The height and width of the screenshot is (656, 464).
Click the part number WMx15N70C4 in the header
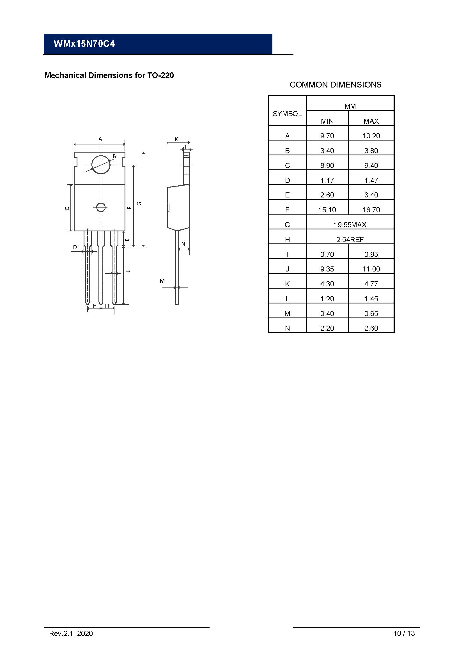(84, 44)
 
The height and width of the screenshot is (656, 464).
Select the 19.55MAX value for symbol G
(350, 225)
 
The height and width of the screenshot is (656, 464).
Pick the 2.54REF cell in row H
(350, 240)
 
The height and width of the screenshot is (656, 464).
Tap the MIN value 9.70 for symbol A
(327, 136)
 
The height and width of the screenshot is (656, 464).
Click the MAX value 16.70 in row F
(371, 210)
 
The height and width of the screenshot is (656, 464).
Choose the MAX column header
(371, 121)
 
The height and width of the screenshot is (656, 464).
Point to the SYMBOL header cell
(287, 114)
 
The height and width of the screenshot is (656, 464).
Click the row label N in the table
(287, 328)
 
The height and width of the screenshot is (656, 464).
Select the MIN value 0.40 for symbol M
(327, 314)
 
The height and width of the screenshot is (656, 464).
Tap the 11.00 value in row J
(371, 269)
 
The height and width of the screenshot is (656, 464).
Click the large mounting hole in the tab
(101, 165)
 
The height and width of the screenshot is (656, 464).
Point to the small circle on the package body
(101, 207)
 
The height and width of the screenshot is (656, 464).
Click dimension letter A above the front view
(100, 139)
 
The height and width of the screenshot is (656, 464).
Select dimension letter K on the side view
(176, 139)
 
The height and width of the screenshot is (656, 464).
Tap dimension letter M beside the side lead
(162, 281)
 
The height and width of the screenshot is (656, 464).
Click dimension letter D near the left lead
(75, 247)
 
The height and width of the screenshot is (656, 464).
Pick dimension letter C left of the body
(67, 208)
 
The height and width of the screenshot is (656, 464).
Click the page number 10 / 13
(404, 641)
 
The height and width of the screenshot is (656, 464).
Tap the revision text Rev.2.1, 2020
(71, 641)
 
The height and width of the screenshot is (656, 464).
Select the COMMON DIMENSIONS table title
(335, 85)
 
